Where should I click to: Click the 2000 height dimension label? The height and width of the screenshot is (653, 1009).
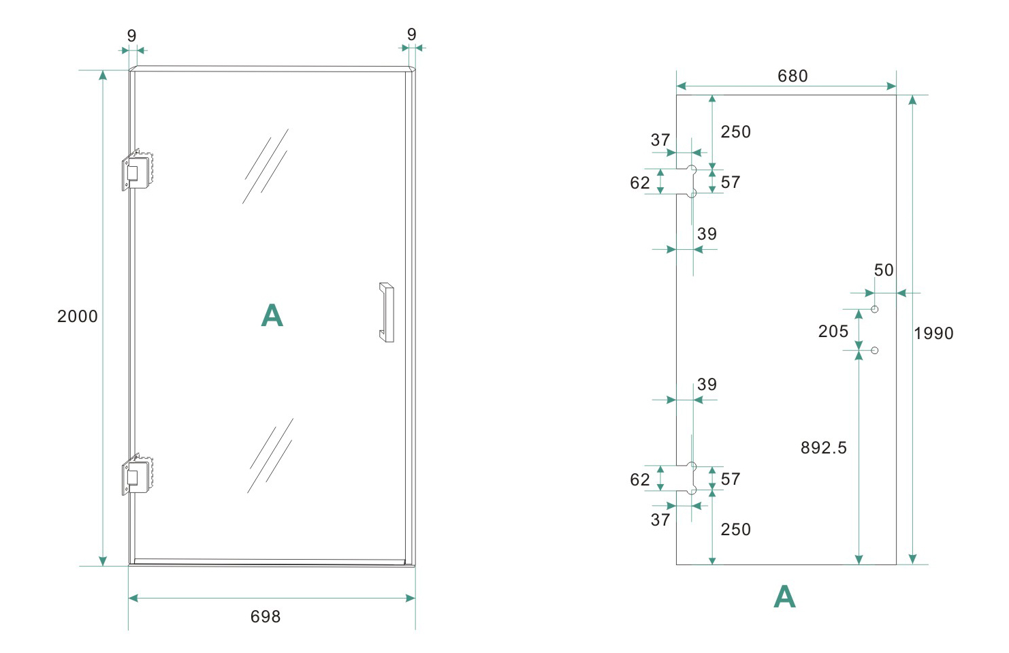click(x=78, y=317)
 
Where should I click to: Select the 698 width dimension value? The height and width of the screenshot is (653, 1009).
click(x=266, y=617)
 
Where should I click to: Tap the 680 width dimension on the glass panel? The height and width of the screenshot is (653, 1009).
click(x=792, y=76)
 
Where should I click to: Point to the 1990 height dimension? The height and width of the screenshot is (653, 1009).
click(x=933, y=334)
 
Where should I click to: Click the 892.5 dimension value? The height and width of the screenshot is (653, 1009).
click(x=824, y=448)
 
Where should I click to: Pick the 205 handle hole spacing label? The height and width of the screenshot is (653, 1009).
click(x=833, y=332)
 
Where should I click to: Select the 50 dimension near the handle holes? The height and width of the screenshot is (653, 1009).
click(x=884, y=270)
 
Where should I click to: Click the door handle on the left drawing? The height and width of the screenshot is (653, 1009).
click(x=387, y=312)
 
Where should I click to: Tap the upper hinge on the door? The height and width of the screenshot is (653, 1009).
click(x=138, y=170)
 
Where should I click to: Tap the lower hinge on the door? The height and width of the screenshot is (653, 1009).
click(x=138, y=474)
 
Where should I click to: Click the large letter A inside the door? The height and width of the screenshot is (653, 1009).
click(x=272, y=316)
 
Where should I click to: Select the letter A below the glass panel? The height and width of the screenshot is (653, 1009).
click(x=784, y=597)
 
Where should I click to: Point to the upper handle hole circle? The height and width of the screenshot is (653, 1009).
click(x=875, y=309)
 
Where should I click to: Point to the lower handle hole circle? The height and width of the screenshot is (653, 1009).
click(x=875, y=350)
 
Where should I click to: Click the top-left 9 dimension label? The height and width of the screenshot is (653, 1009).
click(x=132, y=35)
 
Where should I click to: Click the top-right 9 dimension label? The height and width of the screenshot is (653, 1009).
click(x=412, y=34)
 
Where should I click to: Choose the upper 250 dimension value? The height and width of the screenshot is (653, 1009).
click(x=736, y=132)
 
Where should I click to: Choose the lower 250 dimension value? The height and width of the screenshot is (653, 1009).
click(x=736, y=530)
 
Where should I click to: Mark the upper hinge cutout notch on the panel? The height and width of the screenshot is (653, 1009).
click(x=686, y=181)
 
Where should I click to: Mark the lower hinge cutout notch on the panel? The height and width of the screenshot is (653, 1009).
click(x=686, y=478)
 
